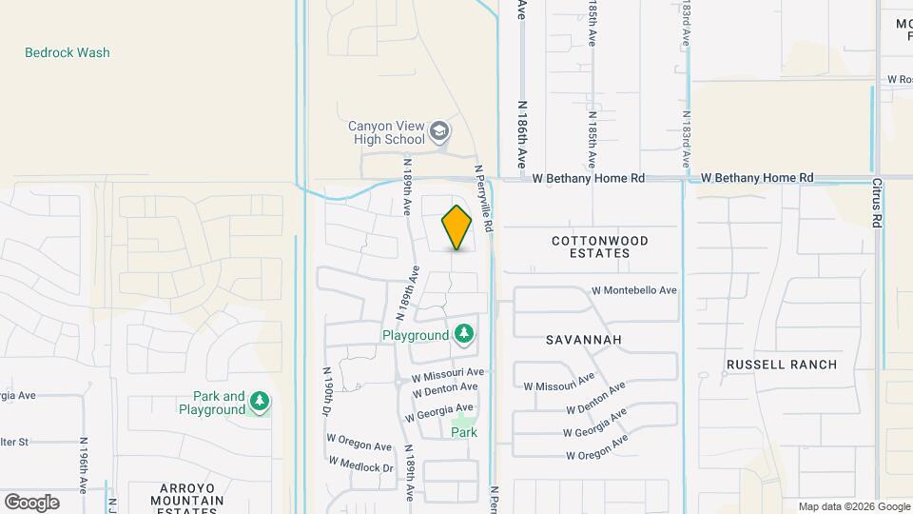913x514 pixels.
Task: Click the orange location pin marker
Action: click(x=456, y=227)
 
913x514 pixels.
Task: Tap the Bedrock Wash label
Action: click(x=68, y=53)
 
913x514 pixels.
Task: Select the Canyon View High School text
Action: click(x=386, y=132)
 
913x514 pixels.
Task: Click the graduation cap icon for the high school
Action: click(x=439, y=131)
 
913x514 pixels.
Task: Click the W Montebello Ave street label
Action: click(x=633, y=290)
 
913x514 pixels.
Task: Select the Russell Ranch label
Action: click(x=781, y=365)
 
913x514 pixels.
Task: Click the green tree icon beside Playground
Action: click(x=464, y=334)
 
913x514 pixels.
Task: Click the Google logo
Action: click(x=31, y=502)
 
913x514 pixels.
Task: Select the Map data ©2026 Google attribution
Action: click(x=854, y=506)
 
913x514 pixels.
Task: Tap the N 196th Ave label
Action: click(x=85, y=465)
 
